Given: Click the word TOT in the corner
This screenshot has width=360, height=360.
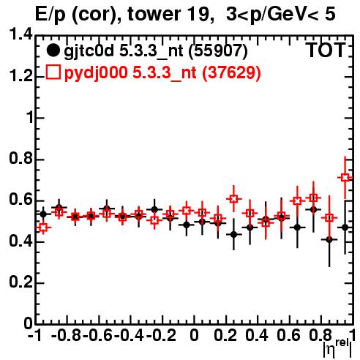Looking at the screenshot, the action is pyautogui.click(x=326, y=50).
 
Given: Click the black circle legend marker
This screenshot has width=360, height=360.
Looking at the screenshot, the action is pyautogui.click(x=53, y=50).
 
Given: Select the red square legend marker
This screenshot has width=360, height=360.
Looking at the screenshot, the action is pyautogui.click(x=53, y=72).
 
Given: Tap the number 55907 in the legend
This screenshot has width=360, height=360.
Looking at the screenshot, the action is pyautogui.click(x=218, y=50).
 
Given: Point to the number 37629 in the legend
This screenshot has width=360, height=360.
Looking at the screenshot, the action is pyautogui.click(x=232, y=72).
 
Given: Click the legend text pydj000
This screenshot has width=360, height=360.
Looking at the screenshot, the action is pyautogui.click(x=96, y=73).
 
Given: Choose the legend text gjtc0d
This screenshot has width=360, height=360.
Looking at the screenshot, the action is pyautogui.click(x=89, y=51).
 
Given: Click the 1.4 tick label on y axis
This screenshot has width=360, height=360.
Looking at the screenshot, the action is pyautogui.click(x=21, y=34).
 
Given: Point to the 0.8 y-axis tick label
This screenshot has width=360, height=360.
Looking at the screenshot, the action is pyautogui.click(x=21, y=159).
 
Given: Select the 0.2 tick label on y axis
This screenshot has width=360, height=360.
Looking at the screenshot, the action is pyautogui.click(x=21, y=282).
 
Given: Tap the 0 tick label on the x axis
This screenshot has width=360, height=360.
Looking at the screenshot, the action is pyautogui.click(x=194, y=335).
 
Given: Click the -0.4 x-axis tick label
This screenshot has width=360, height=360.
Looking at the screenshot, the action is pyautogui.click(x=129, y=335).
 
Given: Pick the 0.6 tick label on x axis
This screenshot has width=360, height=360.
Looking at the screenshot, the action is pyautogui.click(x=288, y=335).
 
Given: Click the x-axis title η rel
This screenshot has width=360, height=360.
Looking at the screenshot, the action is pyautogui.click(x=337, y=348).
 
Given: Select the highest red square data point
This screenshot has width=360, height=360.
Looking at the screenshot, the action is pyautogui.click(x=345, y=177).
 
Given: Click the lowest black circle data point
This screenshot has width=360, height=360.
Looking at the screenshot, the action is pyautogui.click(x=329, y=240).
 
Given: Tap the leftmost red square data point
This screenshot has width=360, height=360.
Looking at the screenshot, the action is pyautogui.click(x=43, y=228).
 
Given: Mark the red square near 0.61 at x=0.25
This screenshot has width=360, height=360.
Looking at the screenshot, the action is pyautogui.click(x=233, y=199).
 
